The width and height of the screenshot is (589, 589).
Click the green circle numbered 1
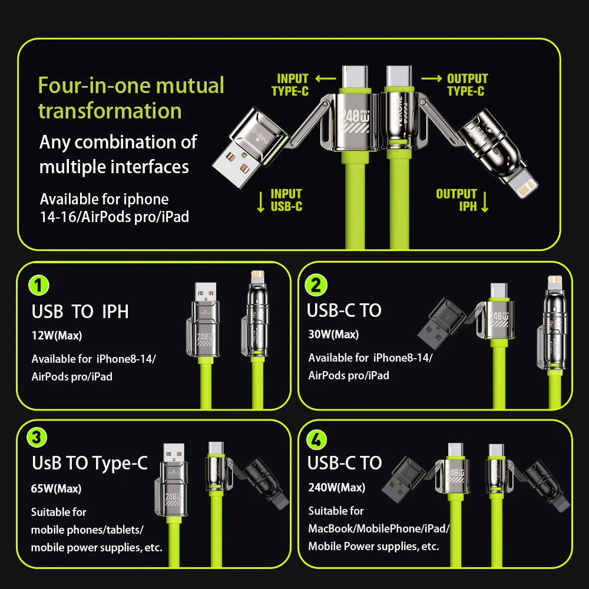tap(39, 286)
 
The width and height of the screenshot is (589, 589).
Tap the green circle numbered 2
tap(316, 285)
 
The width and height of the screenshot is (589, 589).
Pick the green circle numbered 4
tap(317, 439)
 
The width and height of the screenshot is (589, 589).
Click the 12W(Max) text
tap(57, 336)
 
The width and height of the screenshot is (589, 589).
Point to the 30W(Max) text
tap(333, 335)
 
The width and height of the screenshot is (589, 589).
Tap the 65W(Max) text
tap(57, 488)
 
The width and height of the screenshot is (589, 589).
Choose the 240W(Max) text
tap(337, 487)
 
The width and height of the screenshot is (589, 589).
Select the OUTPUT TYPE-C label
tap(466, 85)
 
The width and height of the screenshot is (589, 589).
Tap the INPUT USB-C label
tap(286, 200)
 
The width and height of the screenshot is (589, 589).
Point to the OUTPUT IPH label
tap(457, 200)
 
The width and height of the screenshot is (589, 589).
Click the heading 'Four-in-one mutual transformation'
tap(131, 98)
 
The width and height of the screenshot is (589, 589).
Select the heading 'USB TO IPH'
tap(80, 312)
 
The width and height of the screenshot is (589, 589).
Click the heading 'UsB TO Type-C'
tap(90, 464)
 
